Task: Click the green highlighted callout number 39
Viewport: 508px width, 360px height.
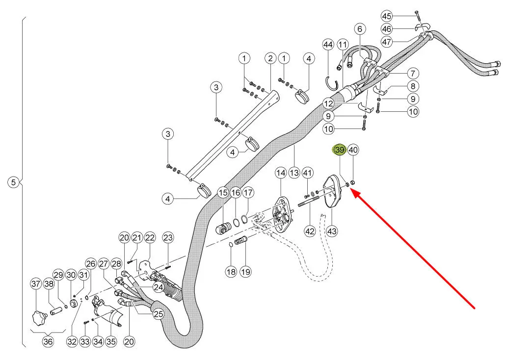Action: pyautogui.click(x=340, y=150)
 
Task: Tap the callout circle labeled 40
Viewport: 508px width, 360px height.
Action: pyautogui.click(x=353, y=150)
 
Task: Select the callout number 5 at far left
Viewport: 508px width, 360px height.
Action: pyautogui.click(x=13, y=182)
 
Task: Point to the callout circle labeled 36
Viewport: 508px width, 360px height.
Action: pyautogui.click(x=48, y=341)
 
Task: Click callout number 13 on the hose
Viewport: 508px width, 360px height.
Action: pyautogui.click(x=294, y=173)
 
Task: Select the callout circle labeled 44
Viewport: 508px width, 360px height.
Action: pyautogui.click(x=328, y=44)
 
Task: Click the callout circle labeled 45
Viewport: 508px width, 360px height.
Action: pyautogui.click(x=386, y=16)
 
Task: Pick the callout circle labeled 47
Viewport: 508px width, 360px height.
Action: pyautogui.click(x=386, y=42)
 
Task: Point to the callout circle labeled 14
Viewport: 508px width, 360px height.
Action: pyautogui.click(x=281, y=173)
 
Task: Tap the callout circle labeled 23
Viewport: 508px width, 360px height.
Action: pyautogui.click(x=168, y=238)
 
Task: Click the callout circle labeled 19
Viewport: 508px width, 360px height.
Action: pyautogui.click(x=245, y=272)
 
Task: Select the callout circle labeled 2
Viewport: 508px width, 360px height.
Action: pyautogui.click(x=270, y=58)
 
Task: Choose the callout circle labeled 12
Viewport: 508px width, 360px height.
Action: pyautogui.click(x=328, y=103)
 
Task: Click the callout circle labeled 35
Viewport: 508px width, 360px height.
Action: pyautogui.click(x=111, y=341)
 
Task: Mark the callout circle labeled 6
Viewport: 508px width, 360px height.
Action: pyautogui.click(x=360, y=29)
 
